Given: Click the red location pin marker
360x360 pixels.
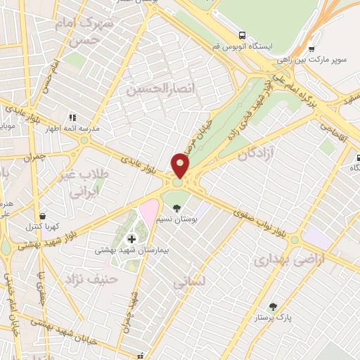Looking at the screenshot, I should tap(181, 166).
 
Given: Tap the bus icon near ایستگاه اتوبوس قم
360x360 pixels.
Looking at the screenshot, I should tap(242, 34).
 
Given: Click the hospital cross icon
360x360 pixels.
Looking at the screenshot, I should tap(131, 239).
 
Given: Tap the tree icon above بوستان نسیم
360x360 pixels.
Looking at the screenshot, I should tap(177, 208).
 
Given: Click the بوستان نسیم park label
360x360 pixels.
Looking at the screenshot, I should tap(179, 221).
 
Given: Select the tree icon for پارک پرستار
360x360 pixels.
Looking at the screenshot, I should tap(273, 307).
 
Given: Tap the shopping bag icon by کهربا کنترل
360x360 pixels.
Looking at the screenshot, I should tap(44, 216).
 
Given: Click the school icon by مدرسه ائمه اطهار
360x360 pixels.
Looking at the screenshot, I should tap(71, 117).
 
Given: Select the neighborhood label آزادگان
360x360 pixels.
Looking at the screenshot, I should tap(256, 153).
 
